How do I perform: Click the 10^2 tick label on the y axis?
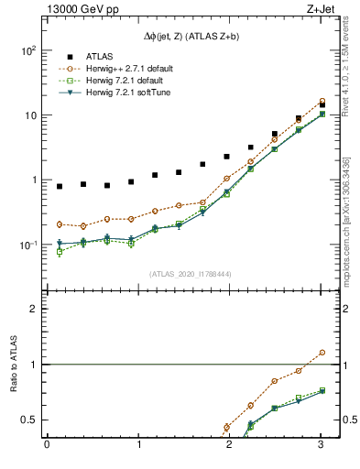point(27,50)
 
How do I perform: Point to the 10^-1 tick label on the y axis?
point(27,245)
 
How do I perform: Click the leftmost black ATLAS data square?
point(60,186)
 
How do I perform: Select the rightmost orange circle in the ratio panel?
point(322,352)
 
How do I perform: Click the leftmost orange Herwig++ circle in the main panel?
point(60,224)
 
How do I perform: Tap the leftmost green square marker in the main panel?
point(60,251)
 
